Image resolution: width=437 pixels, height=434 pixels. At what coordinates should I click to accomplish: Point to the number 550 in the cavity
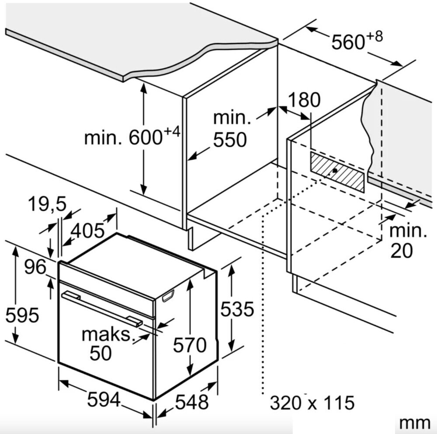tap(230, 140)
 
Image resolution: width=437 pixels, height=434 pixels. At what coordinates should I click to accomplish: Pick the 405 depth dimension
tap(88, 230)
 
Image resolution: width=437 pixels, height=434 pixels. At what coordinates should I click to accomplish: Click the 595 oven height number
tap(22, 314)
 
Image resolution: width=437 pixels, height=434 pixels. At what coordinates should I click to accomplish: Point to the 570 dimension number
tap(189, 345)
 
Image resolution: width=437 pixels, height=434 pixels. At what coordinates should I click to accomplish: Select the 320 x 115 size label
tap(312, 402)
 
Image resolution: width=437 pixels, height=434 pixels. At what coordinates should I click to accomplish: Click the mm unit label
tap(415, 423)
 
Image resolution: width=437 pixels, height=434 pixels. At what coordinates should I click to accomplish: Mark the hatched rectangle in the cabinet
tap(337, 172)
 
